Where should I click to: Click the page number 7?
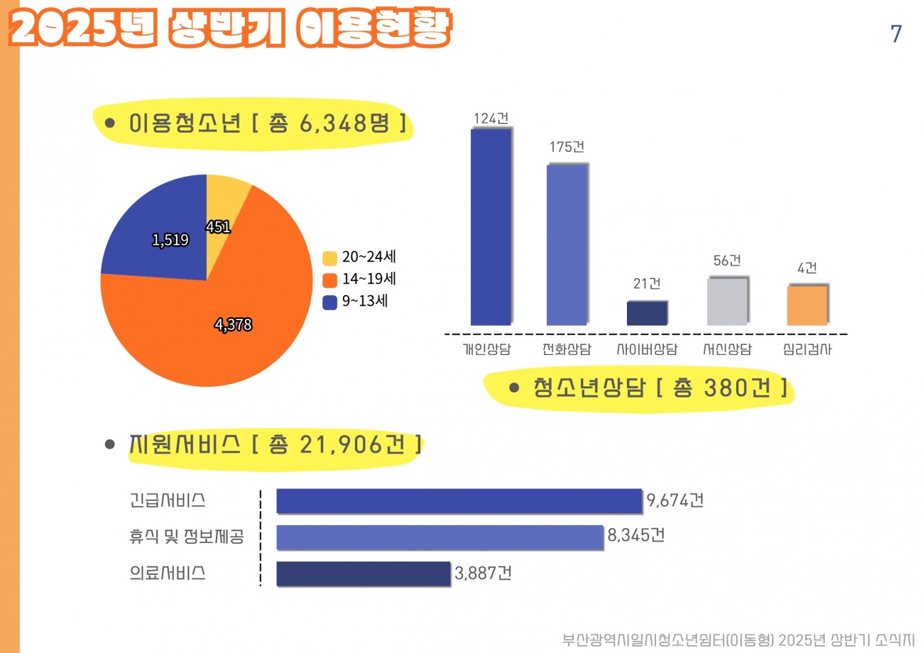point(896,34)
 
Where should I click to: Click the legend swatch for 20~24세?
point(329,258)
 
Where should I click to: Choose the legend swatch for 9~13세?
point(329,302)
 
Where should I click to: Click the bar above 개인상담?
point(490,227)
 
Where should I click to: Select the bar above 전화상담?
point(567,245)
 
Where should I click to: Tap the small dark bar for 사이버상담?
point(647,313)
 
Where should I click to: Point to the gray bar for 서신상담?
point(727,302)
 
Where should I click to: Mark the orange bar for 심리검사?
point(807,305)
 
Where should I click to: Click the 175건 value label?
point(567,148)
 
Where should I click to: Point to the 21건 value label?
point(647,284)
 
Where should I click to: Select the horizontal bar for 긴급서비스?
point(459,500)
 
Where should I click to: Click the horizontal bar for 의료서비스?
point(363,574)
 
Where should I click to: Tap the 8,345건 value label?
point(635,536)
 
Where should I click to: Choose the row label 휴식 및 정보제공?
point(187,537)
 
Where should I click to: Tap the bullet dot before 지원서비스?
point(110,444)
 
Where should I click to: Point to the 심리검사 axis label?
point(807,349)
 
